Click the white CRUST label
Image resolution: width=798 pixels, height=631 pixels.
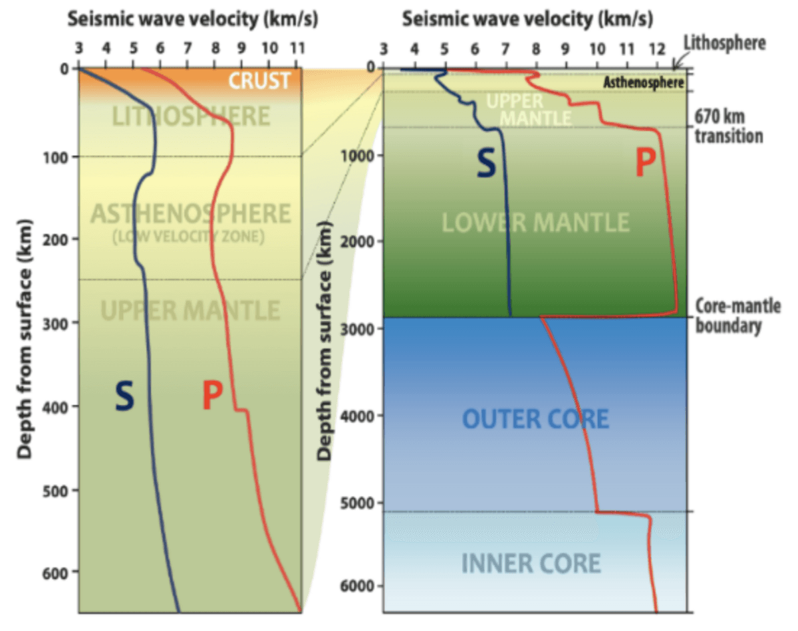point(259,81)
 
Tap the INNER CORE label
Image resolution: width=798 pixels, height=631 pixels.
point(531,563)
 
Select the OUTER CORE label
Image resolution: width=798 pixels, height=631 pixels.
point(535,419)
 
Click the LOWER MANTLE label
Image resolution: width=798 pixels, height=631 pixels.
point(536,223)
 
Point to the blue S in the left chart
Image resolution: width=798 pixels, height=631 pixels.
point(124,396)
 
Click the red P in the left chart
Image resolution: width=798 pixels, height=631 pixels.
point(213,396)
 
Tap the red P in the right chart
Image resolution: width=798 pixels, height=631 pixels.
point(646,162)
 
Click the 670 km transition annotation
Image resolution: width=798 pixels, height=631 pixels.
point(729,126)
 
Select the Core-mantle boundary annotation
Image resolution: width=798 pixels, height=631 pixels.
point(738,316)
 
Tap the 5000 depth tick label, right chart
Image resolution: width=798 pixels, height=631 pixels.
point(356,503)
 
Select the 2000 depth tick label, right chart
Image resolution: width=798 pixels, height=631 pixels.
point(356,241)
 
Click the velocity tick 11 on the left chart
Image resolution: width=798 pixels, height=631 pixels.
point(297,48)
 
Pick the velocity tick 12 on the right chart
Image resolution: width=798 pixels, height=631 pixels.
point(658,49)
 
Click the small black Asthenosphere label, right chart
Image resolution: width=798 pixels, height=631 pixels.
point(643,82)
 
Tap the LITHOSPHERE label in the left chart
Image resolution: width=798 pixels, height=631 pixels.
point(191,116)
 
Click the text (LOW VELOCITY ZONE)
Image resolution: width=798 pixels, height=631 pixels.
point(188,237)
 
